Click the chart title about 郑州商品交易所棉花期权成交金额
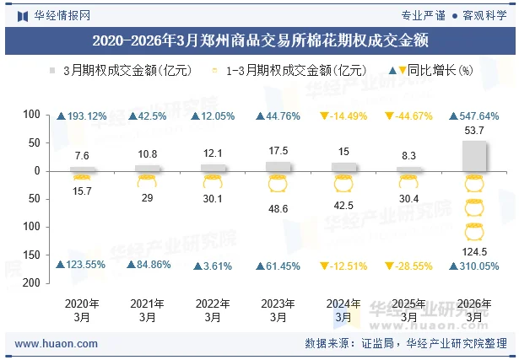259,40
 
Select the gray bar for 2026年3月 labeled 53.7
474,155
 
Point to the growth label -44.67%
414,116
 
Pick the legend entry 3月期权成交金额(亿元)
127,71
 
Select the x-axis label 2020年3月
82,309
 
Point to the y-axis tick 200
32,283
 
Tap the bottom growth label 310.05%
479,266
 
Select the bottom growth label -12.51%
349,266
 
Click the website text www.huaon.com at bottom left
57,344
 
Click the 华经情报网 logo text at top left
62,14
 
